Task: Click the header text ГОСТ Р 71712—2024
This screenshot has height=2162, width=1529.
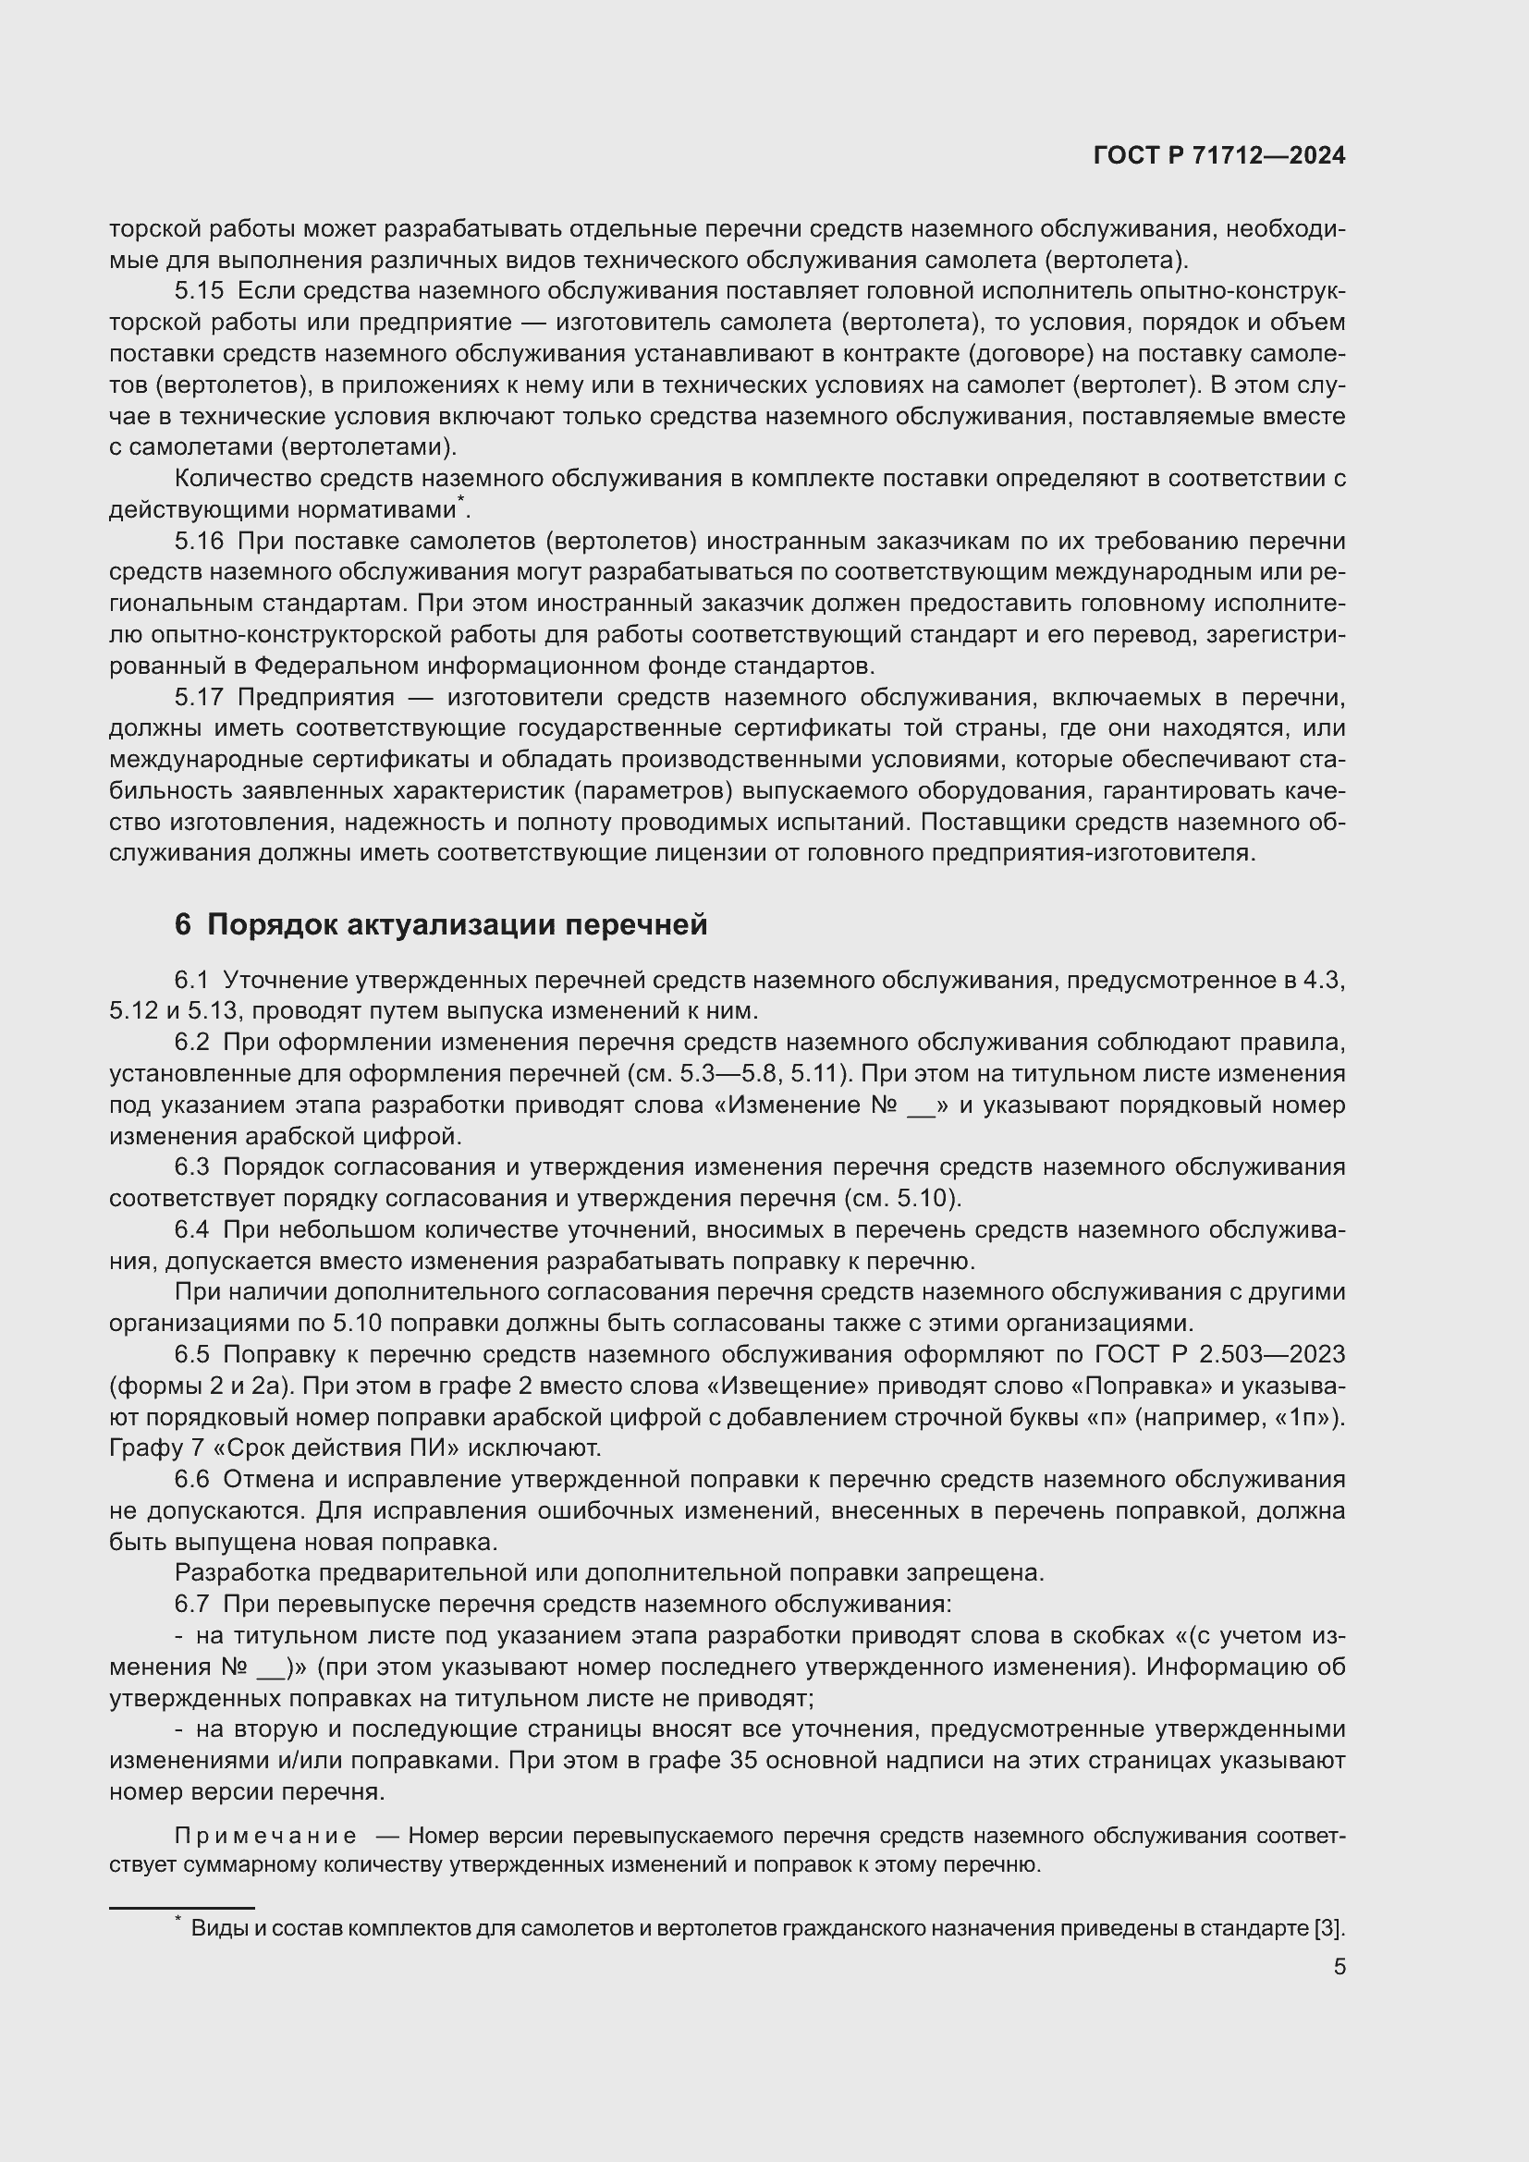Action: (1219, 155)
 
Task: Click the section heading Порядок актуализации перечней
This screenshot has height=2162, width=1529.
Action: (457, 924)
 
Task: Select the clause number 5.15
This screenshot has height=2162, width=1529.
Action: (199, 291)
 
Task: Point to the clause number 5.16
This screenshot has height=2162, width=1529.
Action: (199, 542)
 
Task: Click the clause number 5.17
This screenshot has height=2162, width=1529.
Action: (199, 698)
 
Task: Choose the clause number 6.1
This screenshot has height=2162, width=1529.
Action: (191, 980)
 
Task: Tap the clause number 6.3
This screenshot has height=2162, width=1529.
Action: (191, 1167)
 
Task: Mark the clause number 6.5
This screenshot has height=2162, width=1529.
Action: (191, 1355)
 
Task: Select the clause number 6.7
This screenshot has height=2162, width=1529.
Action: (191, 1605)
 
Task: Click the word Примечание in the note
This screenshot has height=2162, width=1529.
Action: (265, 1837)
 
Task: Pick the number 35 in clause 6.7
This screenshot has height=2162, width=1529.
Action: (745, 1761)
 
